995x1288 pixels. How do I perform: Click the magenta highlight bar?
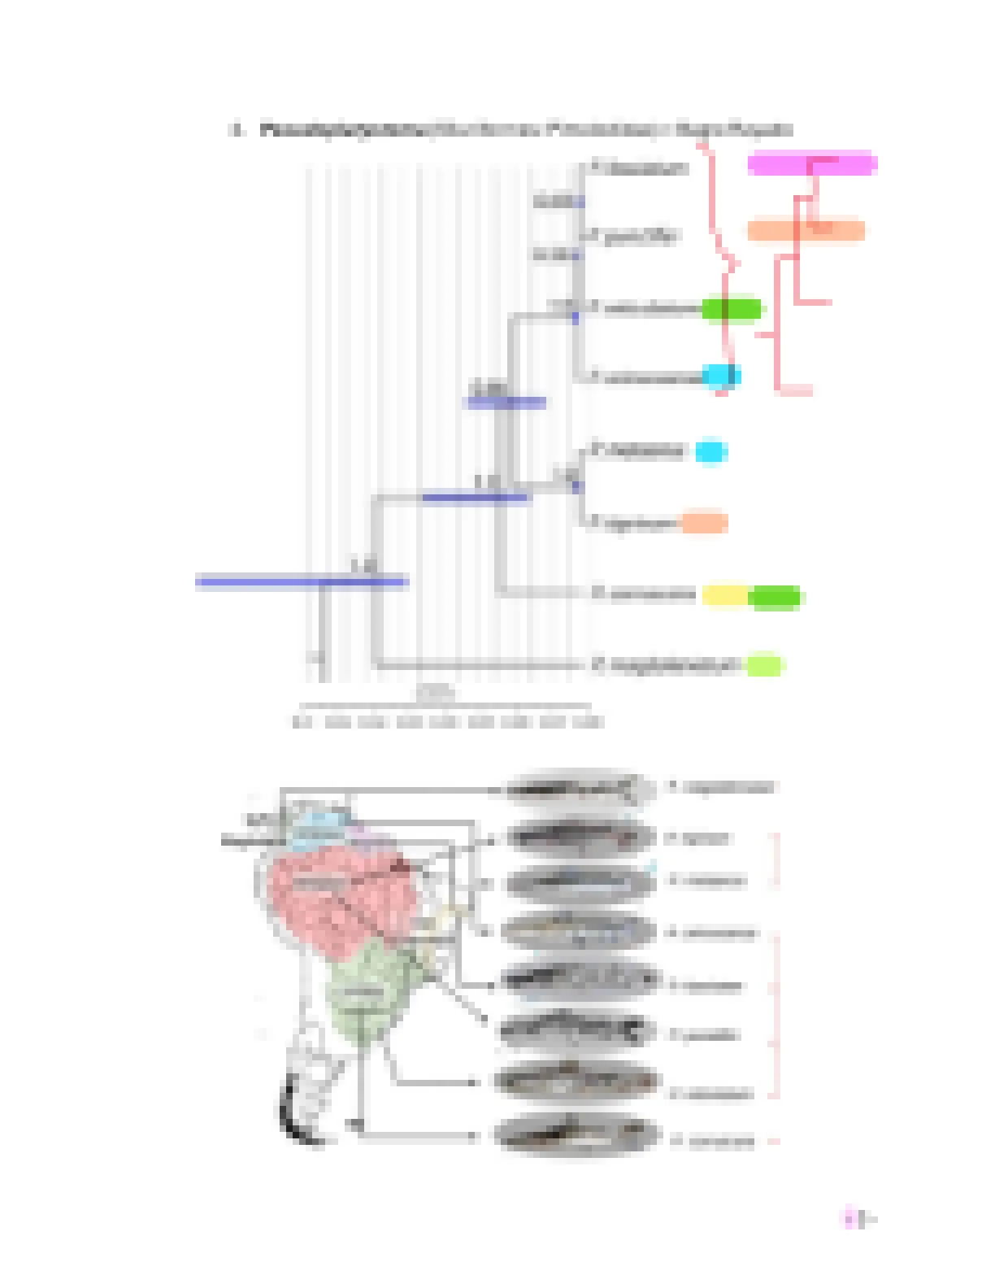coord(811,163)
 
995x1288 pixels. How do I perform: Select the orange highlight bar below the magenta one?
coord(805,231)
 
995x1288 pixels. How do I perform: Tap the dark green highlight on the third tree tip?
coord(732,309)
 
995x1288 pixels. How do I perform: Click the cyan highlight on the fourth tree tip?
coord(720,376)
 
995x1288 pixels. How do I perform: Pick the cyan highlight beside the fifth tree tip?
coord(710,451)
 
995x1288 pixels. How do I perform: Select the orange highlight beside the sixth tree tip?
coord(703,523)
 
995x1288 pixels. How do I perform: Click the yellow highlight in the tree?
coord(723,595)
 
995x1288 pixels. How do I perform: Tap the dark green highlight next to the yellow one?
coord(775,598)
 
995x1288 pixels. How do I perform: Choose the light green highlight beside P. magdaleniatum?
coord(764,665)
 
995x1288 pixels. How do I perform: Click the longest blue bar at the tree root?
coord(301,581)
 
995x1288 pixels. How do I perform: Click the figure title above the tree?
coord(512,130)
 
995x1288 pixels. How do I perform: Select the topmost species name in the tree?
coord(641,168)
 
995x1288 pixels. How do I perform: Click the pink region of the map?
coord(341,890)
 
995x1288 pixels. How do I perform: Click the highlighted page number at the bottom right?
coord(855,1218)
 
